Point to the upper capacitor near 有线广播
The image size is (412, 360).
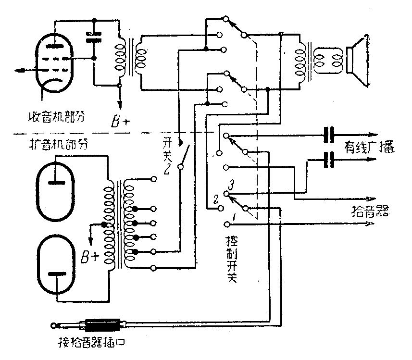click(x=329, y=136)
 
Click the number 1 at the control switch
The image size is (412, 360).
click(x=234, y=219)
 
